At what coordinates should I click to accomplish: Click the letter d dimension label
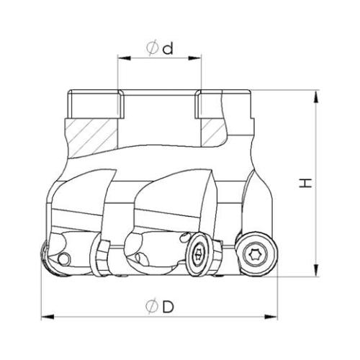168,48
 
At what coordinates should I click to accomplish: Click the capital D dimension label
168,307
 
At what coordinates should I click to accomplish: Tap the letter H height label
305,183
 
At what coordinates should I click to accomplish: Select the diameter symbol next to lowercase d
153,48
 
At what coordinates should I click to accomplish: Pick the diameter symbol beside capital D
152,307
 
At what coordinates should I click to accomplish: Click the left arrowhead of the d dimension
125,58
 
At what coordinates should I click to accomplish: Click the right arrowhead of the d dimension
194,58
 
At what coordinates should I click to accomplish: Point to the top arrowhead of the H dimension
317,96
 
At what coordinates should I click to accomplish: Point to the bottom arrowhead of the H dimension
317,270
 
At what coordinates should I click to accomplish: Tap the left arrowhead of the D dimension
48,317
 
